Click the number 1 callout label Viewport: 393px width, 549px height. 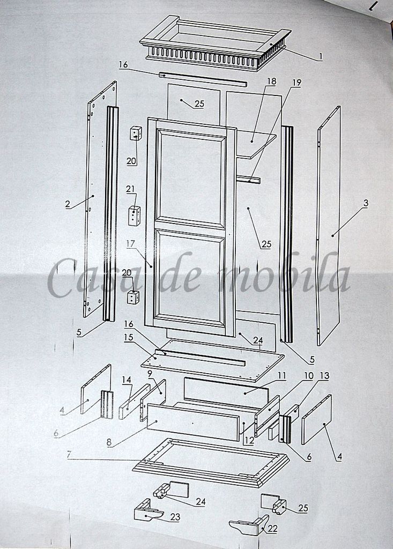click(320, 56)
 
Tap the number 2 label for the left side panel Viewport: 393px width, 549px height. click(68, 204)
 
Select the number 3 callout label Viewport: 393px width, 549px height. click(365, 203)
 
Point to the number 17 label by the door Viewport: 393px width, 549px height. click(131, 244)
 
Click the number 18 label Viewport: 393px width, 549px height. click(271, 81)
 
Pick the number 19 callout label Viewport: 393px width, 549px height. click(296, 83)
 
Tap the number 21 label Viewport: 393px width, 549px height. click(130, 189)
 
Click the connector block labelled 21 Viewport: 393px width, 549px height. click(134, 215)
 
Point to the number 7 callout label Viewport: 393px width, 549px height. click(69, 455)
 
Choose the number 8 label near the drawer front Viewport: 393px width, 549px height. click(109, 442)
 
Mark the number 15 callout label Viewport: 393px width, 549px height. click(129, 337)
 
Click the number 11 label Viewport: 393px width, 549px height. click(282, 376)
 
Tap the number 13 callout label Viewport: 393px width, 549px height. click(325, 376)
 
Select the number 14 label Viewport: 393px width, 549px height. click(127, 380)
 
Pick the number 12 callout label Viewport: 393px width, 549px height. click(249, 440)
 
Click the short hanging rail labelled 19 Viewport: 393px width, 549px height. click(248, 180)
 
